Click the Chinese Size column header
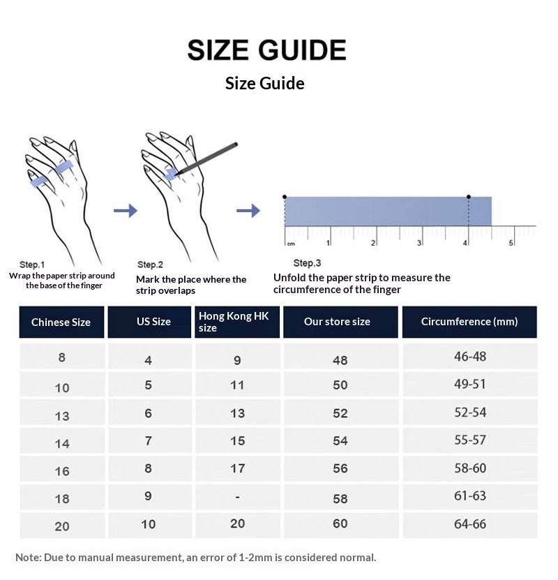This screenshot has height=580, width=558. click(61, 322)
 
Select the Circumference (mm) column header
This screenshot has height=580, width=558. click(469, 322)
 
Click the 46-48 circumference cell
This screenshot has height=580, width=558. click(469, 357)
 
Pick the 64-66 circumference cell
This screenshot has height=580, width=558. click(469, 523)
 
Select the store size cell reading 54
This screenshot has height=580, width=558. click(340, 441)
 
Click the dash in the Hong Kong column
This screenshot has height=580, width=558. click(237, 497)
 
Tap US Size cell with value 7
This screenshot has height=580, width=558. click(148, 440)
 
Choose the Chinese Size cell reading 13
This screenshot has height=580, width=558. click(62, 416)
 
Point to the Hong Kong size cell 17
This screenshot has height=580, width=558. click(237, 468)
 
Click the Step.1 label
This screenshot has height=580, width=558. click(32, 265)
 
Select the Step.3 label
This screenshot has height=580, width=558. click(307, 263)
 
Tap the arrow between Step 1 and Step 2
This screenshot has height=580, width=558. click(126, 211)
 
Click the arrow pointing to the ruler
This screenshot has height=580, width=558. click(248, 211)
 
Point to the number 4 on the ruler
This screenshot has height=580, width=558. click(465, 243)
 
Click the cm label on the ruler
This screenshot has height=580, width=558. click(291, 244)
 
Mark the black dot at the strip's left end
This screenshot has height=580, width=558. click(284, 197)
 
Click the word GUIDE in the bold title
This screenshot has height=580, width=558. click(302, 50)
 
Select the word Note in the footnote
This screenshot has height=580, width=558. click(28, 558)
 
